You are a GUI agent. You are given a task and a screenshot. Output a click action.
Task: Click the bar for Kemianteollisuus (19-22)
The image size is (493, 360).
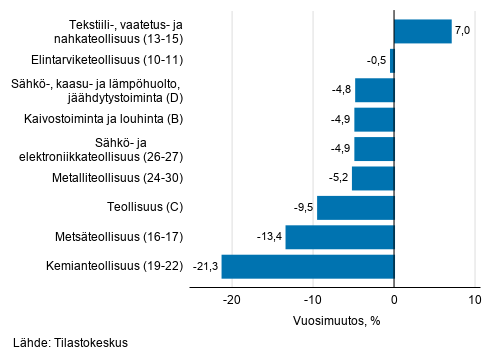(307, 267)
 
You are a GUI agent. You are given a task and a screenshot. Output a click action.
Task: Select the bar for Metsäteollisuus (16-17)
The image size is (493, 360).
(339, 238)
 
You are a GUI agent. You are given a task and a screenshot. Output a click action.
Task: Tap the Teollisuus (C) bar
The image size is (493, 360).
(355, 208)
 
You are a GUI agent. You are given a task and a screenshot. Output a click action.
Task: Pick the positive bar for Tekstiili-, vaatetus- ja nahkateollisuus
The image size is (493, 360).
(422, 32)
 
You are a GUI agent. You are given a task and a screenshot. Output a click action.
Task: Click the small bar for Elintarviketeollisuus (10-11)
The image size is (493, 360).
(392, 61)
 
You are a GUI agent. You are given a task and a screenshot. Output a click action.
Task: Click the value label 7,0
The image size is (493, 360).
(463, 32)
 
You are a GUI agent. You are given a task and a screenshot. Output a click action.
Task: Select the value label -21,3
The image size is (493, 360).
(205, 267)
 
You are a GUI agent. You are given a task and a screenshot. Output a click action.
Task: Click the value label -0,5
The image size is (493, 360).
(375, 61)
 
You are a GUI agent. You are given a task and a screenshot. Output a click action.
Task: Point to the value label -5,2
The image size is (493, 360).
(337, 179)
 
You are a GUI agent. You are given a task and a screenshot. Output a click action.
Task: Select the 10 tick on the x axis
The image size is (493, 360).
(474, 300)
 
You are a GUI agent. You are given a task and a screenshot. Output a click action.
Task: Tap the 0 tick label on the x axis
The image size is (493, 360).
(394, 300)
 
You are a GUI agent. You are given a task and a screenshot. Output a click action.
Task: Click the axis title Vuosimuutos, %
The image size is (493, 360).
(338, 320)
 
